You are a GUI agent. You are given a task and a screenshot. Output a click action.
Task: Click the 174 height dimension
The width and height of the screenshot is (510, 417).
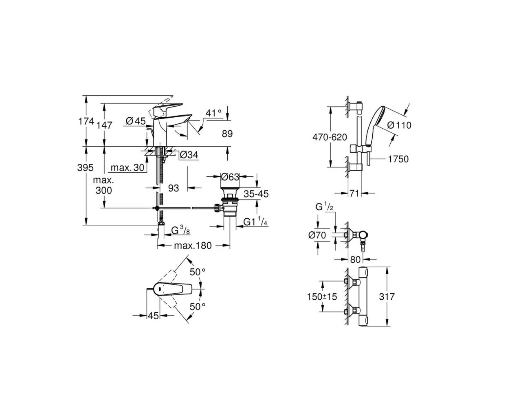[x=86, y=121]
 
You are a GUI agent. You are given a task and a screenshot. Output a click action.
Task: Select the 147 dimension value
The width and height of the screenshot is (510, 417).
[x=104, y=125]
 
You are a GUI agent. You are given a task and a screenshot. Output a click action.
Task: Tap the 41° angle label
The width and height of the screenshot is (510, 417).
[x=213, y=113]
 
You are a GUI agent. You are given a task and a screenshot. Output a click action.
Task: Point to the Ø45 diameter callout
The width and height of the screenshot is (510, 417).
[x=136, y=121]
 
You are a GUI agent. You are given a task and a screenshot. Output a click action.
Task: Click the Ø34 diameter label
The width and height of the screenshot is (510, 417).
[x=189, y=155]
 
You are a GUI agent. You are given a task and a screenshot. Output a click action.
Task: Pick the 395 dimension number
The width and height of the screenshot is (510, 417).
[x=86, y=167]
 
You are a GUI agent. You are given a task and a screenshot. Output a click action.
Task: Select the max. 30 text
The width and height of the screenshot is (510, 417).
[x=127, y=167]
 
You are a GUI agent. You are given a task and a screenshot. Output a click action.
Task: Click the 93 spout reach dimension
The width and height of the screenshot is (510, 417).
[x=174, y=188]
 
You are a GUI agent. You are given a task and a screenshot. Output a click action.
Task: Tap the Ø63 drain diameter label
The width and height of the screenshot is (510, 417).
[x=230, y=177]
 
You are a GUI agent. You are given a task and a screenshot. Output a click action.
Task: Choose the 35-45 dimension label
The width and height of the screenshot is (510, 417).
[x=256, y=194]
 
